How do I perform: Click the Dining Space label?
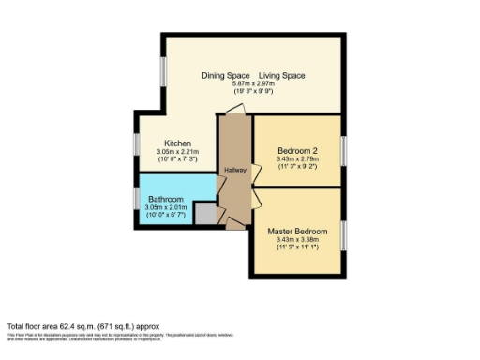click(x=225, y=75)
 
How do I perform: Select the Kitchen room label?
click(x=178, y=143)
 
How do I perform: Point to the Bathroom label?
click(x=165, y=199)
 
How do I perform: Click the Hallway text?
click(x=234, y=169)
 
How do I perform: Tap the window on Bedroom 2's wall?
click(x=344, y=150)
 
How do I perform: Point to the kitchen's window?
click(x=136, y=145)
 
